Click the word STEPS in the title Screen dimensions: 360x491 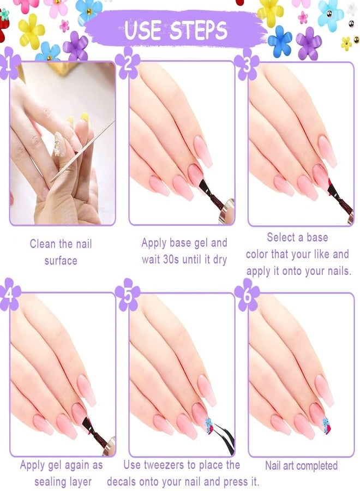[x=199, y=30]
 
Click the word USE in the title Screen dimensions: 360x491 [x=143, y=30]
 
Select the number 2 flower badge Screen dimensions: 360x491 [x=128, y=63]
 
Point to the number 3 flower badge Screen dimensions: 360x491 [x=247, y=64]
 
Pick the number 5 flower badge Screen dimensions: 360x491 [x=128, y=295]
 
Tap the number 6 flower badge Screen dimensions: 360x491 [x=247, y=295]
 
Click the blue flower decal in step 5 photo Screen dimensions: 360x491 [x=208, y=422]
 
